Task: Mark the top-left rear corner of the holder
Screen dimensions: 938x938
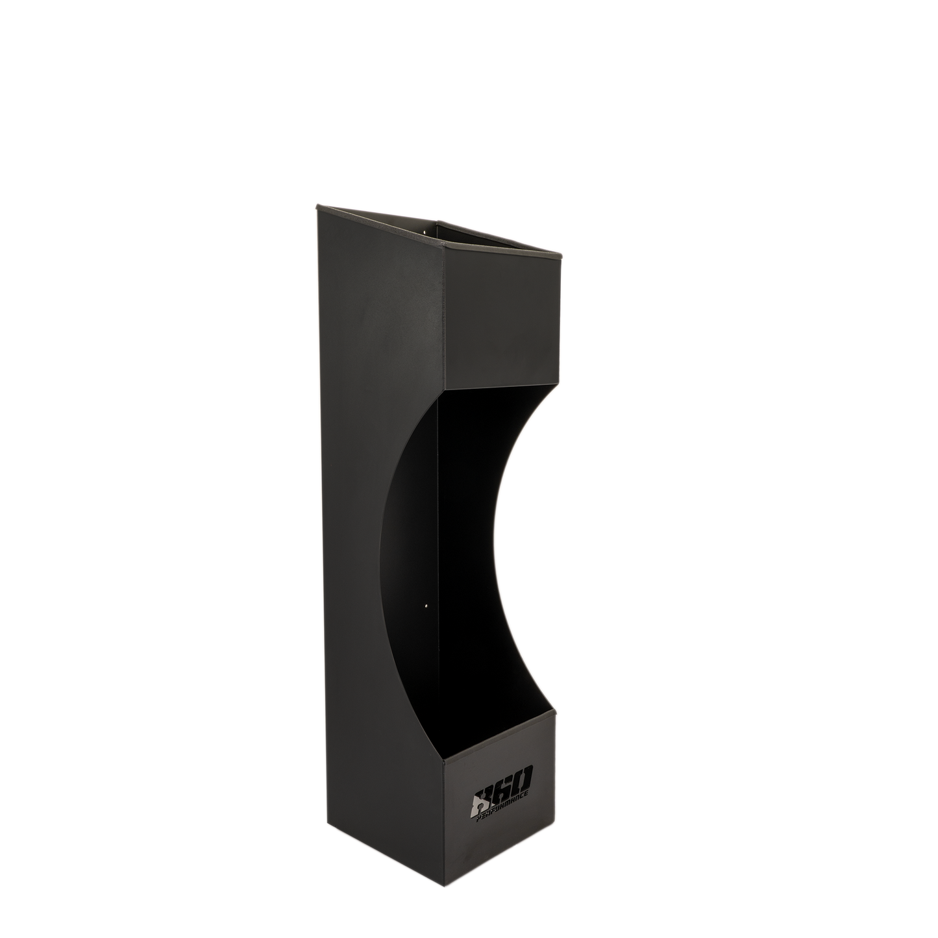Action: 316,206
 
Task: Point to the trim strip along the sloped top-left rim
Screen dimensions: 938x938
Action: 376,225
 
